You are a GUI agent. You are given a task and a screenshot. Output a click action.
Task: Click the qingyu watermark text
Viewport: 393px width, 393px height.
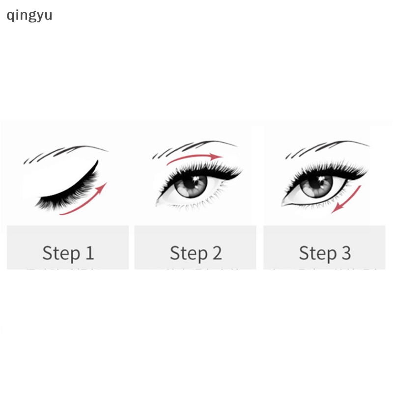(29, 15)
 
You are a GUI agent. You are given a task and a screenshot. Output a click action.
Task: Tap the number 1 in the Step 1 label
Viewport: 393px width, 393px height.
(88, 253)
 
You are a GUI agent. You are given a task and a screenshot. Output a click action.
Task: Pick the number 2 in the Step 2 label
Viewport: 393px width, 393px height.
(217, 253)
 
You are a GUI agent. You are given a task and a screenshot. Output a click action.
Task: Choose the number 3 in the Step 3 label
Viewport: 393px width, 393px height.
(345, 253)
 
